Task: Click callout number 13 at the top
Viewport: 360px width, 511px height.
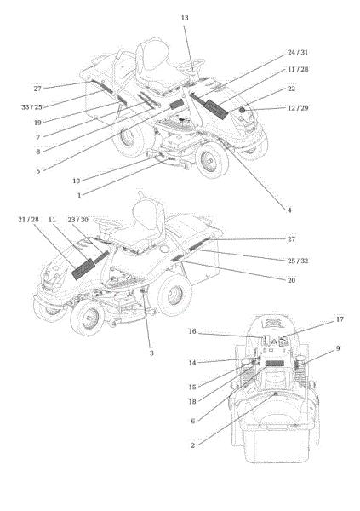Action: (185, 18)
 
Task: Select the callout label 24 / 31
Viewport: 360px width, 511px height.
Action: (298, 52)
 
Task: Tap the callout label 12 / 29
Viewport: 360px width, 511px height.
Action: (298, 108)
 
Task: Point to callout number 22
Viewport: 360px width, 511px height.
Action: (291, 89)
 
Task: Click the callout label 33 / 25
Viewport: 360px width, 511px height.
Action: (31, 107)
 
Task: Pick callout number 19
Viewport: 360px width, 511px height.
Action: (37, 123)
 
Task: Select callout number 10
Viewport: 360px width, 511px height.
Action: (77, 181)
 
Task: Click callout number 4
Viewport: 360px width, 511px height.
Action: (289, 210)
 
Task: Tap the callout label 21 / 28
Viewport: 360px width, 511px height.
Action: (28, 220)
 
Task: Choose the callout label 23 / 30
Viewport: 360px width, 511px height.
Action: (77, 220)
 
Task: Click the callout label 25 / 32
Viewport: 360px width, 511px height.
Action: (298, 261)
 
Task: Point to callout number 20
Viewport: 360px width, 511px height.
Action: (291, 280)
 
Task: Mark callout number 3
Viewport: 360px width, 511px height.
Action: (151, 353)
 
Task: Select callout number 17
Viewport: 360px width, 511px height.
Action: (340, 319)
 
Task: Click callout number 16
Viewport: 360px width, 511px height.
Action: (192, 331)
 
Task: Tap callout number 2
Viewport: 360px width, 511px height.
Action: (192, 445)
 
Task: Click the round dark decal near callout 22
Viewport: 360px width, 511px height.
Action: (242, 110)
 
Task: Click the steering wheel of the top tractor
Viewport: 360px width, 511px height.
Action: (191, 63)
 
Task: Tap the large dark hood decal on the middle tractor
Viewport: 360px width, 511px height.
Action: (83, 269)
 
